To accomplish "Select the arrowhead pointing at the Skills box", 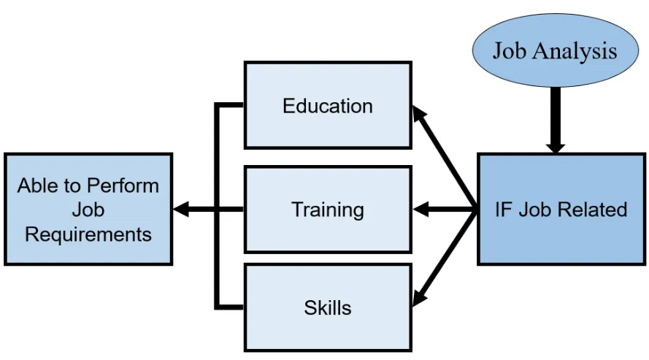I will click(419, 299).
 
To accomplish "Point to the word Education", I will click(327, 106).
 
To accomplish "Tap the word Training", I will click(327, 210).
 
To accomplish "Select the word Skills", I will click(327, 307).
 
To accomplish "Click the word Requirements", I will click(88, 234).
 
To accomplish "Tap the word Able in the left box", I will click(37, 185).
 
